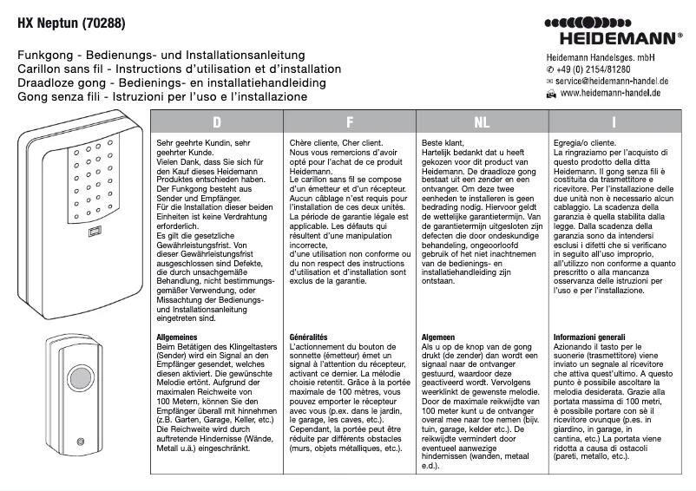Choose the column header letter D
coord(217,122)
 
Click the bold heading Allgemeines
coord(177,335)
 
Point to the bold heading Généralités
coord(307,335)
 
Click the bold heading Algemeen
coord(438,335)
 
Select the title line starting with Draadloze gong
coord(172,82)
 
